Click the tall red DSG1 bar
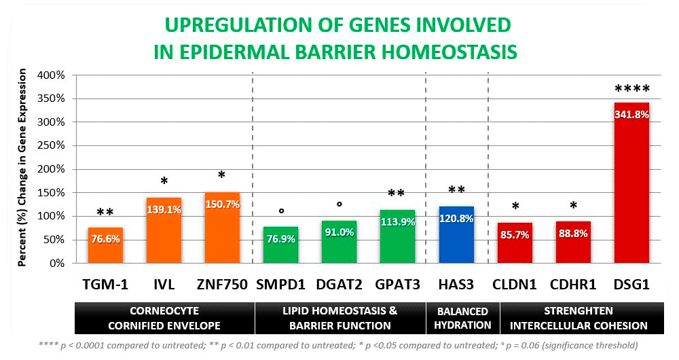pyautogui.click(x=631, y=183)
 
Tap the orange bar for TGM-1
pyautogui.click(x=105, y=245)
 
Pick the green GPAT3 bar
pyautogui.click(x=397, y=237)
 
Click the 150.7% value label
pyautogui.click(x=223, y=204)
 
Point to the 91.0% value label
pyautogui.click(x=339, y=232)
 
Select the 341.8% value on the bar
pyautogui.click(x=632, y=115)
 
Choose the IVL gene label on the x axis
pyautogui.click(x=164, y=285)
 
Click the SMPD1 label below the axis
pyautogui.click(x=280, y=285)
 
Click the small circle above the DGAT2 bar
pyautogui.click(x=339, y=204)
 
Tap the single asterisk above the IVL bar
pyautogui.click(x=164, y=181)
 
